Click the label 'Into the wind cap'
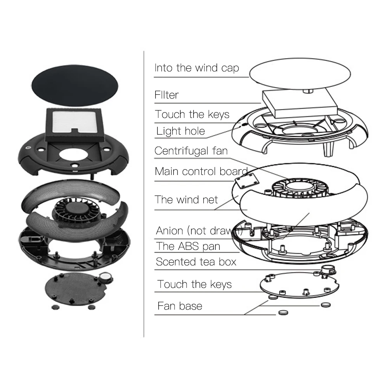pyautogui.click(x=196, y=68)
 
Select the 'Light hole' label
pyautogui.click(x=180, y=131)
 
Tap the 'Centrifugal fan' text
pyautogui.click(x=191, y=151)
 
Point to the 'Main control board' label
pyautogui.click(x=201, y=171)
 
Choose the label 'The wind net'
pyautogui.click(x=186, y=200)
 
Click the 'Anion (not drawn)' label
pyautogui.click(x=199, y=231)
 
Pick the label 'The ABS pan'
pyautogui.click(x=188, y=246)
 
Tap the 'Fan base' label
pyautogui.click(x=180, y=306)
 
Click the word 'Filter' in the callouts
pyautogui.click(x=166, y=95)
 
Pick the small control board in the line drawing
pyautogui.click(x=247, y=180)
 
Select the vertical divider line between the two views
pyautogui.click(x=144, y=194)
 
